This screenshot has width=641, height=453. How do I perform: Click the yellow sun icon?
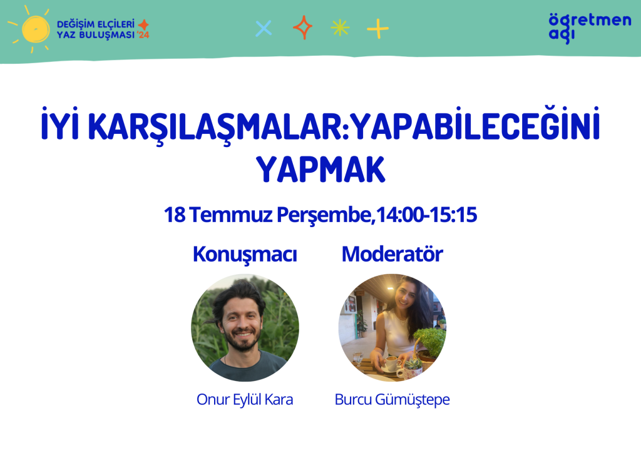pos(35,29)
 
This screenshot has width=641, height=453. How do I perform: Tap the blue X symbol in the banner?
pos(264,29)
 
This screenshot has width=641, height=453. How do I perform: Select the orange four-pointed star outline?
pos(302,28)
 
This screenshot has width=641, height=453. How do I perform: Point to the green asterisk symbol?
pos(340,28)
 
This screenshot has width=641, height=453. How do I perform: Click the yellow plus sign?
pos(377,29)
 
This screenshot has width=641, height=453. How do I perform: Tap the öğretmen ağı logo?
pos(590,28)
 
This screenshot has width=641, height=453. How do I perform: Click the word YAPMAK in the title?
pos(320,169)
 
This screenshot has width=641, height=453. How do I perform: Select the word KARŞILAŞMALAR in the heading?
pos(217,126)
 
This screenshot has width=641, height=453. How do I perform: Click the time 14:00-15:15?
pos(426,215)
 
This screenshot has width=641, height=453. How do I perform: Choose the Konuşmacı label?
pos(245,255)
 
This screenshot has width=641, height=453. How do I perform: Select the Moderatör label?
pos(392,254)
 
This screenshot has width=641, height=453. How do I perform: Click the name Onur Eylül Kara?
pos(245,399)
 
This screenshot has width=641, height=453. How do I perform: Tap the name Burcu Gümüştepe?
pos(392,400)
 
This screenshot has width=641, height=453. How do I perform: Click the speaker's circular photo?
pos(245,328)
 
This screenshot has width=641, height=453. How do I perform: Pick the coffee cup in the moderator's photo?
pos(392,363)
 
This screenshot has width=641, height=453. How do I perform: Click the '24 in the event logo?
pos(143,35)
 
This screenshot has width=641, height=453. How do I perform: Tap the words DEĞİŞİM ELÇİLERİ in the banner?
pos(96,24)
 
